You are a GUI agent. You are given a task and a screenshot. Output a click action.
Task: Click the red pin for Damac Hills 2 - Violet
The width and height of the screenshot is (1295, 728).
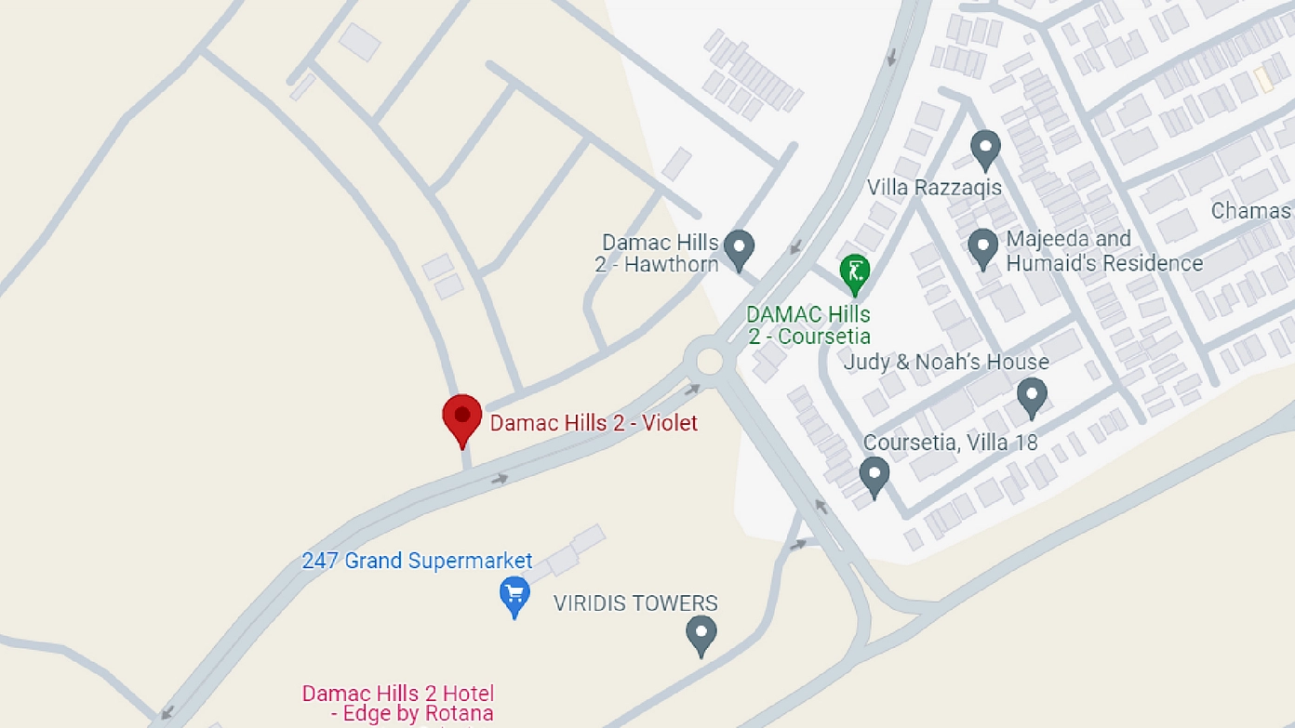(x=461, y=417)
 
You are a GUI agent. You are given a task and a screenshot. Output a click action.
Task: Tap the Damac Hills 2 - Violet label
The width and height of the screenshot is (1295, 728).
(x=594, y=424)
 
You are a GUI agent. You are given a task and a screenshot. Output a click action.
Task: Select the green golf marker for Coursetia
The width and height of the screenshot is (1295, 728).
(x=854, y=272)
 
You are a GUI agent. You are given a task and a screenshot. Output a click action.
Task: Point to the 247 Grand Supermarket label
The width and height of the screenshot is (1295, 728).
(x=417, y=562)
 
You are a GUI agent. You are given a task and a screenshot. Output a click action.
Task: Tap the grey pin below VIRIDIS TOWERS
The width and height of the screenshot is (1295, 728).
(x=701, y=634)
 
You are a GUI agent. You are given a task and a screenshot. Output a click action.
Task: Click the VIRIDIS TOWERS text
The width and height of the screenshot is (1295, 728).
(x=635, y=603)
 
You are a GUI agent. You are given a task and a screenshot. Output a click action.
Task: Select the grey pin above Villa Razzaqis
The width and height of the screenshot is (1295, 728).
(x=985, y=148)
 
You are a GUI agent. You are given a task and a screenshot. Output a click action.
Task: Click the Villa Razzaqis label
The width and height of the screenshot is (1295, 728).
(x=934, y=188)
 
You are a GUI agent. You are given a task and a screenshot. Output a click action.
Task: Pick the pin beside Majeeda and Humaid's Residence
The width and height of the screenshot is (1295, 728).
(x=983, y=247)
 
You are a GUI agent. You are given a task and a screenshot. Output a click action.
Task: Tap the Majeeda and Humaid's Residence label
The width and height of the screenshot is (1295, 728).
(x=1103, y=251)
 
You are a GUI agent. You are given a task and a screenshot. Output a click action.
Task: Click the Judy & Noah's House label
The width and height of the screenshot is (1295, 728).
(x=946, y=362)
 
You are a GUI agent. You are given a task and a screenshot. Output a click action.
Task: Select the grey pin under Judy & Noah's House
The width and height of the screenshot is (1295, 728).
(x=1032, y=396)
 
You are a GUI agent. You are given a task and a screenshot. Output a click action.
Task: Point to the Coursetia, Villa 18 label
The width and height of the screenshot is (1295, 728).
(x=950, y=443)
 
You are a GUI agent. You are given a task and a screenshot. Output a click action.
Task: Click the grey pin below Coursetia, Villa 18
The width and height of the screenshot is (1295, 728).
(x=874, y=475)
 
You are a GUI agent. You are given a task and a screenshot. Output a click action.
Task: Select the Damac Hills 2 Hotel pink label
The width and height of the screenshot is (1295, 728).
(x=398, y=704)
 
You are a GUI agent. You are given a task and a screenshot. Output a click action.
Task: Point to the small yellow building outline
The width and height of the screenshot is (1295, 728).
(x=1262, y=78)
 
